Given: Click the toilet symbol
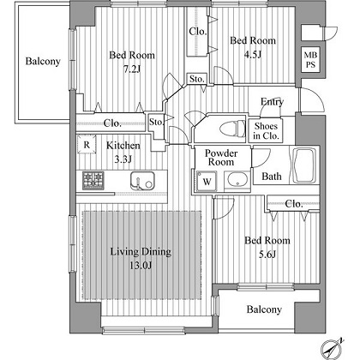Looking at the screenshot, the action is click(x=232, y=129).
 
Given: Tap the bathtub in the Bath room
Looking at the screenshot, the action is click(x=304, y=165).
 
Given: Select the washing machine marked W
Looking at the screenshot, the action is click(x=207, y=181).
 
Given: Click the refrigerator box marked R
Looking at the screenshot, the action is click(x=87, y=145).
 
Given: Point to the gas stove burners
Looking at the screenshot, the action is click(x=93, y=181).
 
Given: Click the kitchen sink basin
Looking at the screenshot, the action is click(x=142, y=181).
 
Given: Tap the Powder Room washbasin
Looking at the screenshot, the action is click(x=237, y=179).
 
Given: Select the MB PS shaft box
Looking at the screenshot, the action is click(x=310, y=59).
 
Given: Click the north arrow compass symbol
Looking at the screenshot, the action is click(x=332, y=349).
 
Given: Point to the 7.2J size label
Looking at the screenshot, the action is click(x=132, y=69).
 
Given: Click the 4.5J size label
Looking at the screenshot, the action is click(x=253, y=54).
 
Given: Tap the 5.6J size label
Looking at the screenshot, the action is click(x=267, y=254).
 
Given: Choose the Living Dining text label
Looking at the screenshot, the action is click(x=141, y=252).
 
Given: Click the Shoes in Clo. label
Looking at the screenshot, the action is click(x=266, y=131).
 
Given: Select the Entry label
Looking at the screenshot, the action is click(x=272, y=102).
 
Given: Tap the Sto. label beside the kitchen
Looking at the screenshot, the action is click(x=156, y=122).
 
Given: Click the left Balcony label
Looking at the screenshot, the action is click(x=43, y=61).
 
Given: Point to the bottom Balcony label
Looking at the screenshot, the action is click(x=264, y=309).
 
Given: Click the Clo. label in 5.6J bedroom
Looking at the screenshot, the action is click(x=294, y=204).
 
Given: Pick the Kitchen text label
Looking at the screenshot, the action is click(x=123, y=146).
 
